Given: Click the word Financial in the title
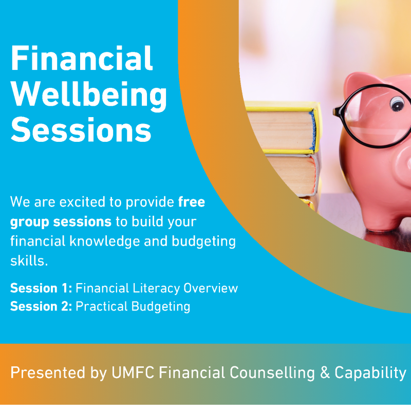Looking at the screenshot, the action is (82, 58).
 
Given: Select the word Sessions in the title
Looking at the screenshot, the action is (81, 129).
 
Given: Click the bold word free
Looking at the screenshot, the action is (191, 202).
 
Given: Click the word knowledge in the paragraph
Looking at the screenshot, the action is (105, 241).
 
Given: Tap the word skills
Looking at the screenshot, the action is (29, 261).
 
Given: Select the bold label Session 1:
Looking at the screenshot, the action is (41, 288).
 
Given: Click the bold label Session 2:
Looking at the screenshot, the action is (41, 306).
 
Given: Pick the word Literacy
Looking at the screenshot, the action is (156, 288).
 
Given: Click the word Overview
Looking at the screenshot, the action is (211, 288).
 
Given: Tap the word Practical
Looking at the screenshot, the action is (102, 306).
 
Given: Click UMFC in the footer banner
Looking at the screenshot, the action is (133, 372).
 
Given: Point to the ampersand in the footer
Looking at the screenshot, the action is (325, 372).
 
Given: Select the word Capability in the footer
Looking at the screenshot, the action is (370, 373).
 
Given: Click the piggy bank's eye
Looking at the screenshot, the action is (397, 103).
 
